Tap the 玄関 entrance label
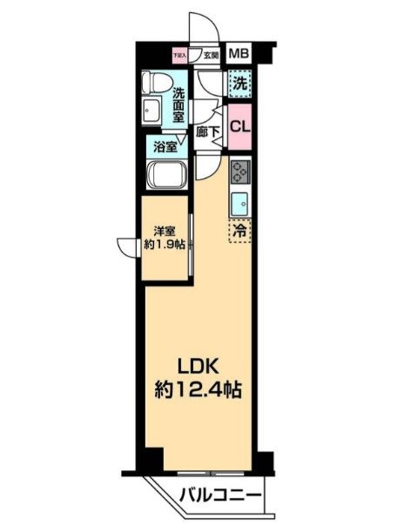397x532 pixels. pyautogui.click(x=210, y=56)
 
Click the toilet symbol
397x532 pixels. pyautogui.click(x=156, y=84)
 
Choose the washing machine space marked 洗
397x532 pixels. pyautogui.click(x=239, y=86)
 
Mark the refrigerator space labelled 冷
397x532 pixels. pyautogui.click(x=240, y=232)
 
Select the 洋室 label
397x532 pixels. pyautogui.click(x=165, y=231)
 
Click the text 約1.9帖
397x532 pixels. pyautogui.click(x=165, y=246)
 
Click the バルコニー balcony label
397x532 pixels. pyautogui.click(x=221, y=497)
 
